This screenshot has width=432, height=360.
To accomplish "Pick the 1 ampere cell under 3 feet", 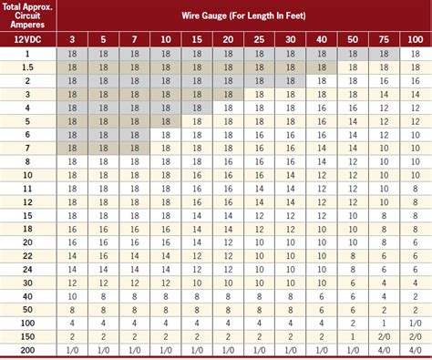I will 70,55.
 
